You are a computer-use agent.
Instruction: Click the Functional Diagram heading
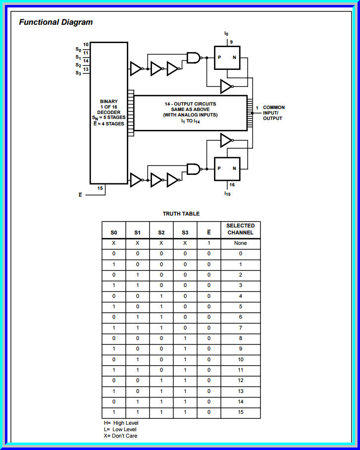[x=55, y=22]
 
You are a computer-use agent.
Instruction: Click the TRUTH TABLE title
[x=181, y=214]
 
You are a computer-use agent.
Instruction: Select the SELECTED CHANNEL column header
[x=240, y=229]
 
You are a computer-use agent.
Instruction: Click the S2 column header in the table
[x=161, y=232]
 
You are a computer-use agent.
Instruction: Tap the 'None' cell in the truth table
[x=240, y=243]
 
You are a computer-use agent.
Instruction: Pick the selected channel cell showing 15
[x=240, y=412]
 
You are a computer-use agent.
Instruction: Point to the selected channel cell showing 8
[x=240, y=337]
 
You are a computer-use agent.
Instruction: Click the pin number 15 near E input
[x=100, y=188]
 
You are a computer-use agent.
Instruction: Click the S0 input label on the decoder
[x=78, y=50]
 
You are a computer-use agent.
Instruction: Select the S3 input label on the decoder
[x=78, y=73]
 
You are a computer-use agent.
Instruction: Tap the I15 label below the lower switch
[x=227, y=194]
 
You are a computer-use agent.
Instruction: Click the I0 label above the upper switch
[x=226, y=34]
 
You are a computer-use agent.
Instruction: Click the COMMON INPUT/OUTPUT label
[x=273, y=112]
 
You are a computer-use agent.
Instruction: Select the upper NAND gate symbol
[x=194, y=58]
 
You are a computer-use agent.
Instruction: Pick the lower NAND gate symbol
[x=194, y=169]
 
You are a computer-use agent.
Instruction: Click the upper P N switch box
[x=227, y=58]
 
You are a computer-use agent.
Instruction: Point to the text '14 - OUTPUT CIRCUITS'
[x=190, y=104]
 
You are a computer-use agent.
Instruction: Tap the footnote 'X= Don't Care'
[x=117, y=436]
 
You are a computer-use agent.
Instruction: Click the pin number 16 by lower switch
[x=232, y=184]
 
